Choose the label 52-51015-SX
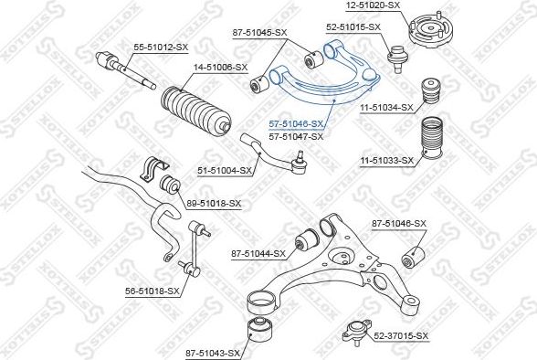(353, 27)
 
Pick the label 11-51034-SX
(386, 107)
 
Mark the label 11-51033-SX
(386, 161)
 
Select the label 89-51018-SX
(215, 203)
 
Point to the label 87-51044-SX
(258, 253)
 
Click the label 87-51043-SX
(213, 352)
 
